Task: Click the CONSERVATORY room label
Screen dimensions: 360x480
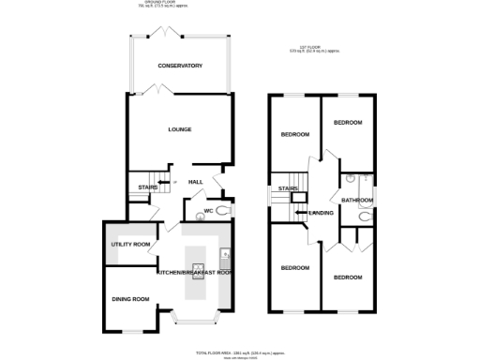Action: [x=180, y=66]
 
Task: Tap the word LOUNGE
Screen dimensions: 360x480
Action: [x=180, y=129]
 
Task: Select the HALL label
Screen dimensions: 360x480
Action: [x=196, y=182]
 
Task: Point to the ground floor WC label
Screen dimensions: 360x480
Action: [x=209, y=211]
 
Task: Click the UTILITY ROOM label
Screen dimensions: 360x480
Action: [x=130, y=245]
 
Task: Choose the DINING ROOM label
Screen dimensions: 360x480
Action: [x=130, y=299]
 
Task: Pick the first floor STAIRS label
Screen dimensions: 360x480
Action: [x=288, y=188]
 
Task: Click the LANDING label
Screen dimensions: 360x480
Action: [x=322, y=214]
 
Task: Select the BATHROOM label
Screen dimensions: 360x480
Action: [x=357, y=200]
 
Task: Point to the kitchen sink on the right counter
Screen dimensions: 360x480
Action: [x=225, y=255]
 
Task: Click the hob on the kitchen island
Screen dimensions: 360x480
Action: [x=198, y=271]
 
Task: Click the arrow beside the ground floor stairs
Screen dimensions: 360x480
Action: [x=162, y=182]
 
